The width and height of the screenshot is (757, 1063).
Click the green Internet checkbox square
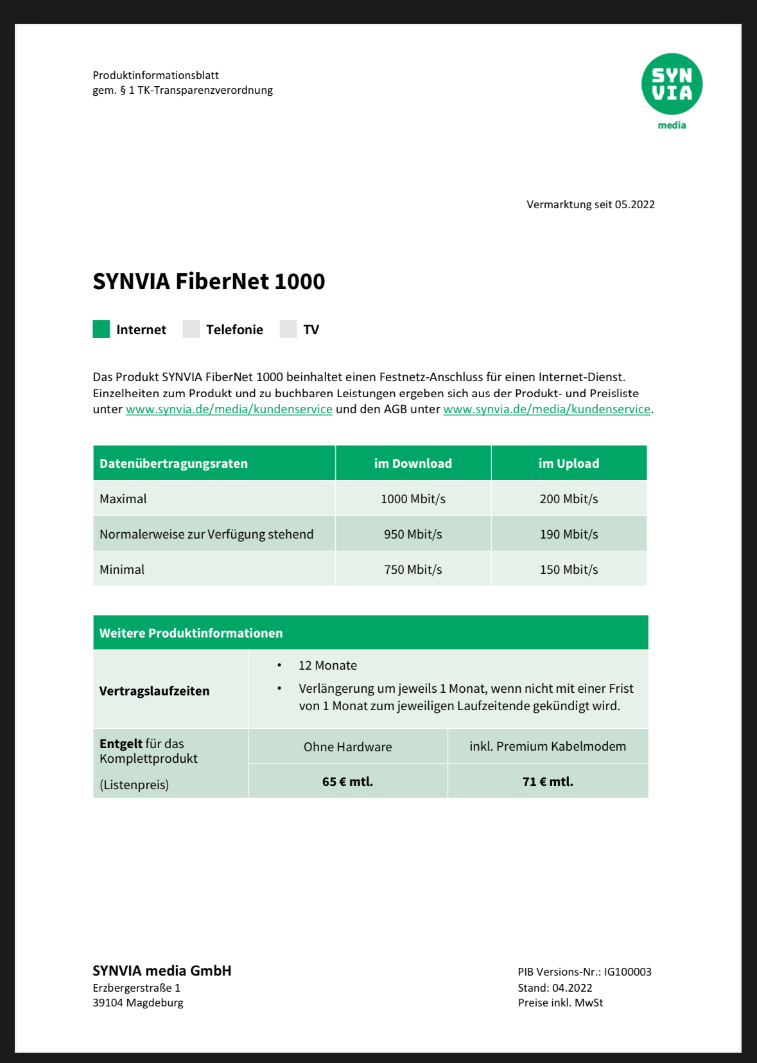(101, 329)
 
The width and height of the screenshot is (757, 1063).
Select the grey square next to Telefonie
(191, 329)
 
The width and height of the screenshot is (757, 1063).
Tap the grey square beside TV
(288, 329)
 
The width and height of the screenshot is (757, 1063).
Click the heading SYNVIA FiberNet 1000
(209, 281)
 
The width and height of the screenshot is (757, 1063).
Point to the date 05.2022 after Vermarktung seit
(634, 204)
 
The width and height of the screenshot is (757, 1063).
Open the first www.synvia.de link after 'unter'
(229, 409)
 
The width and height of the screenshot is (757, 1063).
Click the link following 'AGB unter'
(546, 409)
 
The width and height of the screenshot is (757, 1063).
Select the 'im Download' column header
(413, 463)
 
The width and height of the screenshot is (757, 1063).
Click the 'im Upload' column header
(569, 463)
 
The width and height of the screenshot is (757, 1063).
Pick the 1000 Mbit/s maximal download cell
(413, 499)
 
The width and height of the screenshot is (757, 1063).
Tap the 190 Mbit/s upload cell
(569, 534)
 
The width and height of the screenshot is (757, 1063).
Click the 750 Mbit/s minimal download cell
(413, 569)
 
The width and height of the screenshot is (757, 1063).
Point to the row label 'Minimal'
(122, 569)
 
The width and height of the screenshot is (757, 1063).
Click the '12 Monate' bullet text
(327, 665)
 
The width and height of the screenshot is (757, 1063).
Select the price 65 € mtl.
(347, 782)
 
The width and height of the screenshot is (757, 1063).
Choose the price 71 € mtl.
(548, 782)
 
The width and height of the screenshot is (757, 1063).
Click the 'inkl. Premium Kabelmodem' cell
(548, 746)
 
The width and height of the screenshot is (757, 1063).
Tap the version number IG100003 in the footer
(627, 972)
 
